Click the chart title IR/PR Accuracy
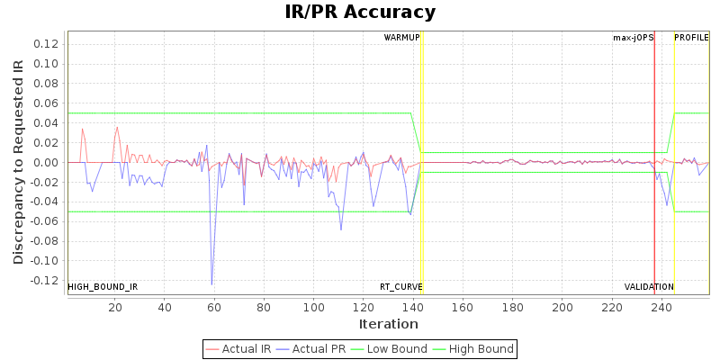360,13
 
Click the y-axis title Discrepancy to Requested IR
19,162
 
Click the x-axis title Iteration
388,324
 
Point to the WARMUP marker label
401,38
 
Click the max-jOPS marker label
633,38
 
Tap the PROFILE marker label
691,38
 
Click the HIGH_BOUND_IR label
103,287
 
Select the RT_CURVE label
400,287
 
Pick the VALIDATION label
649,287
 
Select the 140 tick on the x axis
412,307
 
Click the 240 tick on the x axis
661,307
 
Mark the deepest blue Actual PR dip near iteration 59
212,284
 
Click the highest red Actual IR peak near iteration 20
117,127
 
